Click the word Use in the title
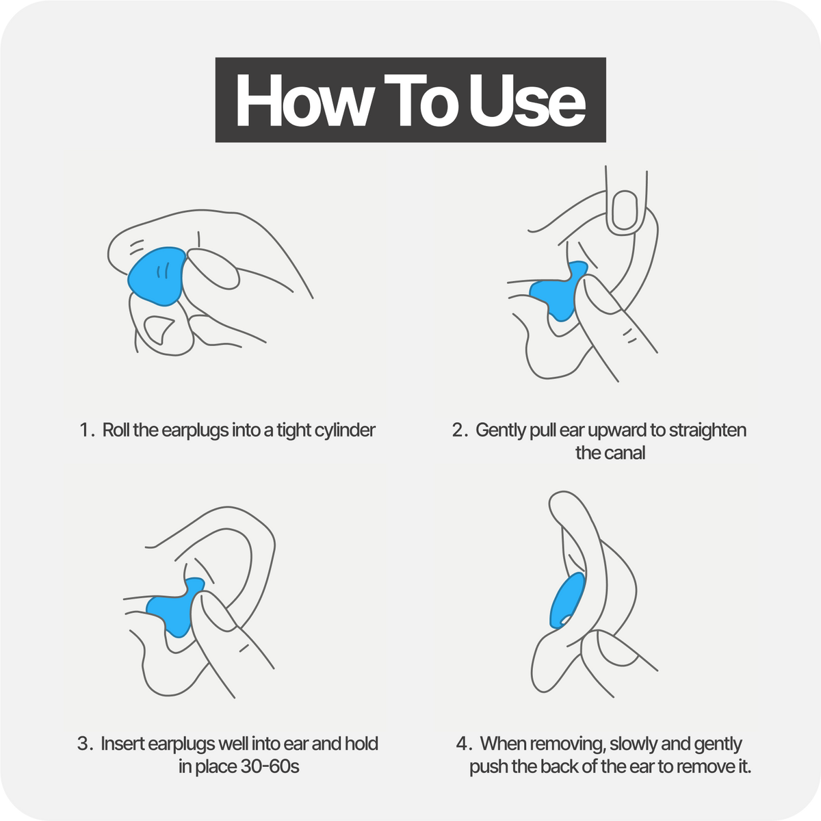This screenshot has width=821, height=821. [x=527, y=100]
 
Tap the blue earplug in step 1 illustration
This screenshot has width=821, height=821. [x=157, y=276]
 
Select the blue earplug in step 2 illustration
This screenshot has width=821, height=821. [x=558, y=291]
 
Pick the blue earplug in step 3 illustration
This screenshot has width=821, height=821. [x=175, y=608]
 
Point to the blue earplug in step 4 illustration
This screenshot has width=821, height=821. [x=566, y=601]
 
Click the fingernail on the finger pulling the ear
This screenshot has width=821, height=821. [x=625, y=210]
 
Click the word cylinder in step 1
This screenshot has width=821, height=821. [x=345, y=430]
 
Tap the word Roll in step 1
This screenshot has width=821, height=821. [x=116, y=430]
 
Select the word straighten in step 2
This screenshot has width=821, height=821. [x=707, y=430]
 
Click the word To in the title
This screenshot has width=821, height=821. [x=418, y=100]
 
